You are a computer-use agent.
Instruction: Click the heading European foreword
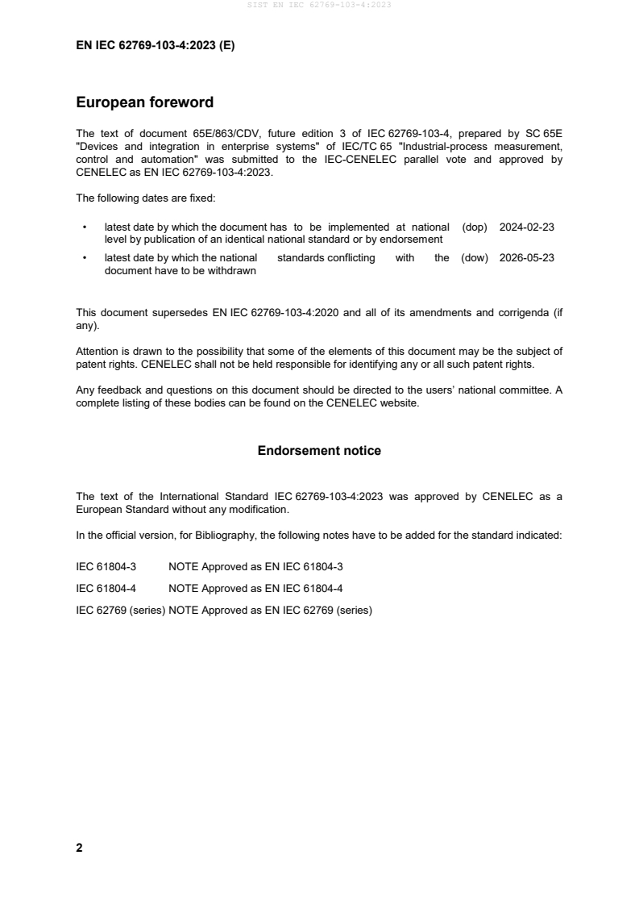[144, 102]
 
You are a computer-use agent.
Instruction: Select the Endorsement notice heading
[319, 451]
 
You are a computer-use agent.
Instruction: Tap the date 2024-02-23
[526, 227]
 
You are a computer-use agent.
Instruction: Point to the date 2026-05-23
[526, 258]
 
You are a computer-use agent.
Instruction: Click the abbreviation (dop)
[475, 227]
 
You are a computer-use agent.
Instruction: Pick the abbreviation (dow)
[475, 258]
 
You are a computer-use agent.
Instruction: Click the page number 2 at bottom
[79, 848]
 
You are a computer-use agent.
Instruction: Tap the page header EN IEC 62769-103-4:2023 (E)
[155, 46]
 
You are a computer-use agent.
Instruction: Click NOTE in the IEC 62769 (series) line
[184, 611]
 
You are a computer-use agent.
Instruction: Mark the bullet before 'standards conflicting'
[85, 258]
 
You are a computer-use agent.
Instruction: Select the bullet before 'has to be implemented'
[85, 227]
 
